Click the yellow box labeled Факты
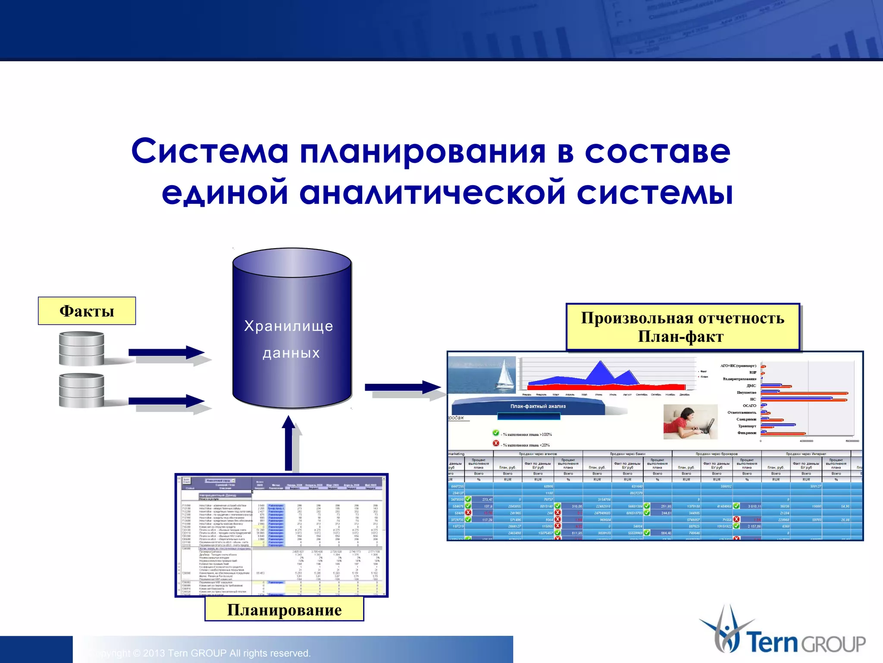87,311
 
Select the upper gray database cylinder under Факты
81,348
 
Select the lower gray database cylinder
81,390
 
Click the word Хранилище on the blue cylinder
288,326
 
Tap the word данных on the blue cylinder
291,353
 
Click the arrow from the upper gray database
166,352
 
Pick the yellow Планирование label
284,609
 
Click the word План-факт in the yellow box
680,336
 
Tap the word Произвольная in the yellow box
637,318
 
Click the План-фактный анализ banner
538,406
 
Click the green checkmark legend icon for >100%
496,433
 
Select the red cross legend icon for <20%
496,443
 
